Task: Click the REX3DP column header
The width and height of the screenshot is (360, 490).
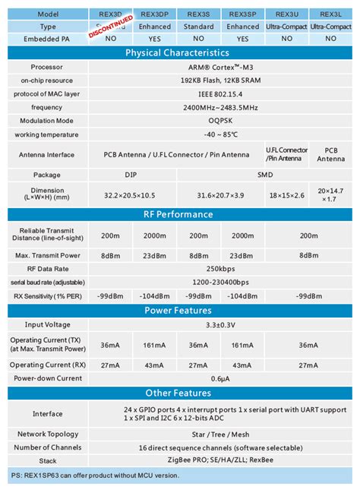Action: [x=155, y=14]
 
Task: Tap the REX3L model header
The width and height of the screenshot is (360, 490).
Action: [x=331, y=14]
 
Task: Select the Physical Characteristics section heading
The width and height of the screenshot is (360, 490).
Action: [x=177, y=53]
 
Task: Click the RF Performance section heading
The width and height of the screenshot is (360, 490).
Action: [x=177, y=214]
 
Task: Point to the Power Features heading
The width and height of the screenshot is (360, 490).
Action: [x=177, y=310]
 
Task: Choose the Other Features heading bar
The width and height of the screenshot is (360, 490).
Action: [x=177, y=393]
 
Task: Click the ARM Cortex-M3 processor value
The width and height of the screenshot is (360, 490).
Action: [x=220, y=67]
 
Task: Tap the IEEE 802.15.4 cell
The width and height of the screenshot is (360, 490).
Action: [x=220, y=93]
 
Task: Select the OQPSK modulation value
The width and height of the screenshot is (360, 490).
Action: [x=220, y=120]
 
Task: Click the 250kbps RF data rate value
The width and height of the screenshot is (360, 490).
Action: [x=220, y=270]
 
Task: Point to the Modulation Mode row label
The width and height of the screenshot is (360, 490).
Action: [x=48, y=120]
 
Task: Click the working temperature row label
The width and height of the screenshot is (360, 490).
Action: [x=48, y=134]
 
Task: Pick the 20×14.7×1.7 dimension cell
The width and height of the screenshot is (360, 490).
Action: [x=331, y=194]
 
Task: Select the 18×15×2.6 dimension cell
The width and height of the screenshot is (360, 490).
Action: [x=287, y=194]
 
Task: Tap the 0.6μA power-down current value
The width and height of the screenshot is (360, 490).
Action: [x=220, y=378]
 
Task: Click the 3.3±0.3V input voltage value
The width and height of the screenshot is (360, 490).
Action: [x=220, y=324]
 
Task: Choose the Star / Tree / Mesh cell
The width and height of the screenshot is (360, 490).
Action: [x=220, y=435]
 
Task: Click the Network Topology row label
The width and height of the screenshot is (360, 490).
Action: [x=48, y=435]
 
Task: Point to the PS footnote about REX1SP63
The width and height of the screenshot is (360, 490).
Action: [x=95, y=475]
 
